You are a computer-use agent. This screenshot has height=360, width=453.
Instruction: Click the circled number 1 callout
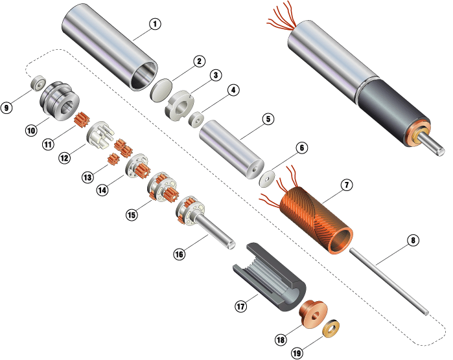click(155, 24)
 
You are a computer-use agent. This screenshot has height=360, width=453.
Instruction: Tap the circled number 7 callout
click(347, 185)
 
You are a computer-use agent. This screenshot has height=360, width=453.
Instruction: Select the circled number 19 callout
click(297, 353)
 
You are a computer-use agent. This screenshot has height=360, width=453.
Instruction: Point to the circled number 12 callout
click(64, 157)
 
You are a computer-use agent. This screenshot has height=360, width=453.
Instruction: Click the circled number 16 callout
click(179, 254)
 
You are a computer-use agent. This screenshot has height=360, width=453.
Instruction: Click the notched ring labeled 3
click(180, 106)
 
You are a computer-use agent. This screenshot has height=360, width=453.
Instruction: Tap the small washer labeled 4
click(196, 118)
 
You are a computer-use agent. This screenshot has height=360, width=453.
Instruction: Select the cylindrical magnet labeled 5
click(232, 150)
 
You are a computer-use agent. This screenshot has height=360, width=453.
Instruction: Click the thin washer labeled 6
click(267, 179)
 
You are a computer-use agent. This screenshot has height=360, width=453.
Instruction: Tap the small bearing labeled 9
click(39, 83)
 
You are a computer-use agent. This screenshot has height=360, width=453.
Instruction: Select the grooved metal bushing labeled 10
click(60, 101)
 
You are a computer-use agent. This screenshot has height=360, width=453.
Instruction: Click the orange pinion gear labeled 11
click(82, 120)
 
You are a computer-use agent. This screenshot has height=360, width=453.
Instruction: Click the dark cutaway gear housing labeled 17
click(270, 276)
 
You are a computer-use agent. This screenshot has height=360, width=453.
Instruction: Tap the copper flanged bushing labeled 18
click(314, 313)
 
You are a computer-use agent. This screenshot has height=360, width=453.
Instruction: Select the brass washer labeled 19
click(331, 328)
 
